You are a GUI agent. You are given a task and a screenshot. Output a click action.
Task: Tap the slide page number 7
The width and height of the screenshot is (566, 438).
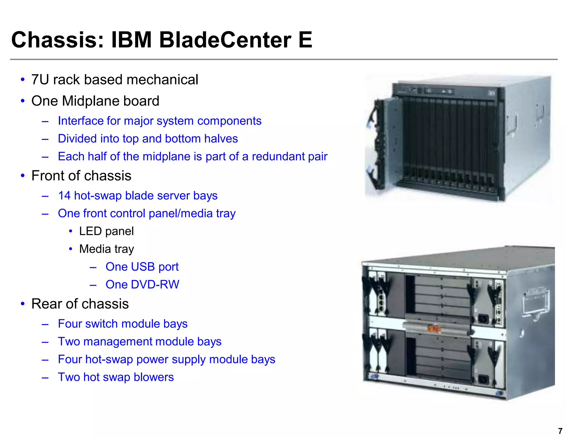[x=560, y=431]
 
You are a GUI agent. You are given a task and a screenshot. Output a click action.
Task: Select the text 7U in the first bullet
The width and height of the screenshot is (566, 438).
[x=40, y=80]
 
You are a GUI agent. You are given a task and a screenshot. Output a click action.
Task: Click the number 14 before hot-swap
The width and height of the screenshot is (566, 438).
[x=64, y=196]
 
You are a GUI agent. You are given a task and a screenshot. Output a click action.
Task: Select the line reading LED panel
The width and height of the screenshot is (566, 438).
[x=106, y=231]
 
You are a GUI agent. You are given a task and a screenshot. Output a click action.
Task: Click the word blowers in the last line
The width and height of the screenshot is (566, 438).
[x=154, y=377]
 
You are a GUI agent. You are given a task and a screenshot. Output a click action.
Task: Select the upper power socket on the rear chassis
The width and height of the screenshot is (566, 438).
[x=483, y=319]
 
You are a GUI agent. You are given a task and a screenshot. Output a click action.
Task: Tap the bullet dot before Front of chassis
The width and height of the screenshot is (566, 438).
[x=23, y=176]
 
